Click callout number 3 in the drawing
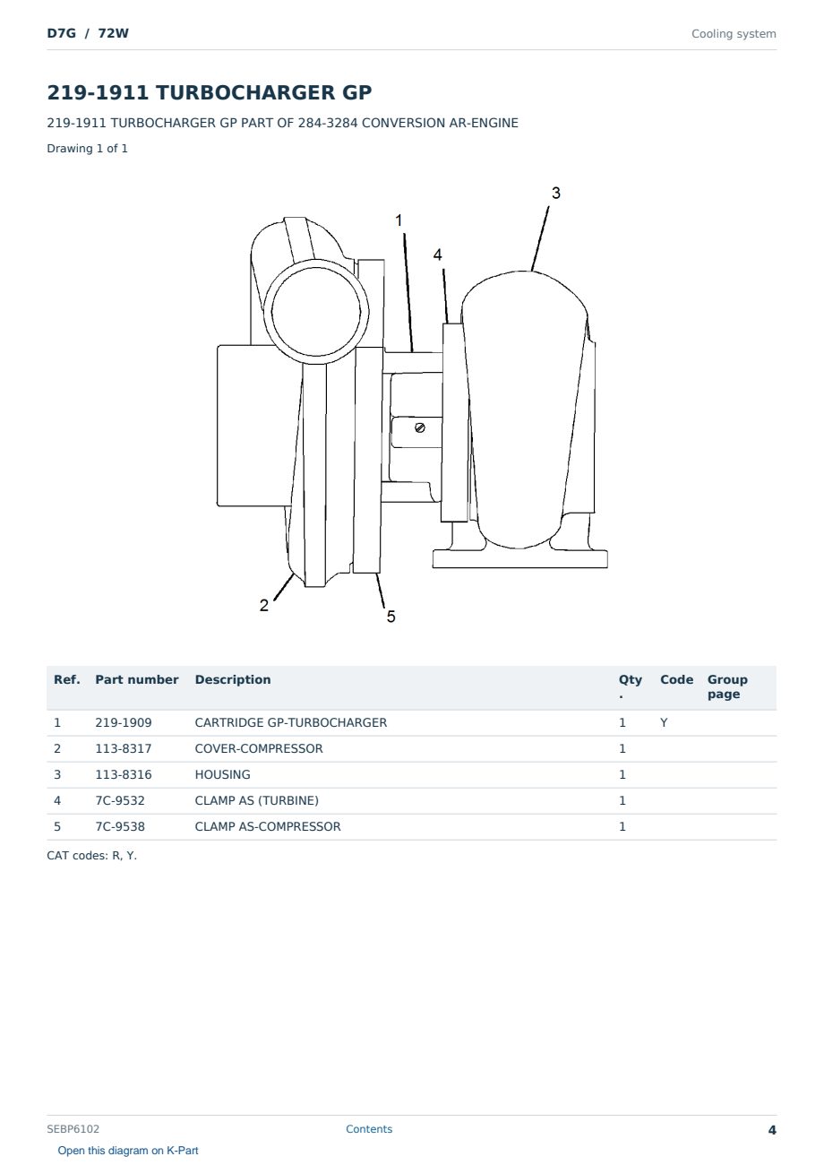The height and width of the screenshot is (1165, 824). coord(555,193)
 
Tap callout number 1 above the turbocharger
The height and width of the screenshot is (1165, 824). coord(399,220)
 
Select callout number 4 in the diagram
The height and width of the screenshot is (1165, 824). coord(438,255)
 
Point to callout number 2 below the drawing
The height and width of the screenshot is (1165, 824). coord(264,606)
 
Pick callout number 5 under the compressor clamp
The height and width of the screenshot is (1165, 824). coord(391,617)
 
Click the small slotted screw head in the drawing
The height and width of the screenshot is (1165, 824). coord(420,428)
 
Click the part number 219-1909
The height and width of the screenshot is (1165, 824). coord(124,722)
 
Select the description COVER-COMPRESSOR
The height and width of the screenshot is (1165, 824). coord(259,748)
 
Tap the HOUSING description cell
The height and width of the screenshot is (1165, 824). coord(222,774)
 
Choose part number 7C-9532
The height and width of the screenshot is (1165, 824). coord(120,800)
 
